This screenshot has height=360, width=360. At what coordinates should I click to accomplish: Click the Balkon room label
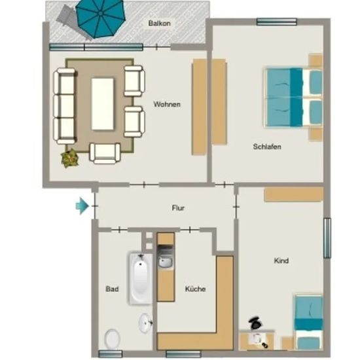click(159, 23)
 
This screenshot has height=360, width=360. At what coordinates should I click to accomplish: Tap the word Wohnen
click(167, 104)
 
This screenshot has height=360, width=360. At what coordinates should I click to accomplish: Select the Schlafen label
click(267, 147)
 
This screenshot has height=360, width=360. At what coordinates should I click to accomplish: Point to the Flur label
click(178, 208)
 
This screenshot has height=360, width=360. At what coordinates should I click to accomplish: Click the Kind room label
click(281, 261)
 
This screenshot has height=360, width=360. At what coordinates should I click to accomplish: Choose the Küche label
click(195, 289)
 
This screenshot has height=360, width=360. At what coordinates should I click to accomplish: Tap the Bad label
click(112, 289)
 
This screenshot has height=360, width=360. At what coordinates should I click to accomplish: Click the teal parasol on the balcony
click(100, 18)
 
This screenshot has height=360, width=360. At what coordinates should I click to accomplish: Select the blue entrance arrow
click(82, 206)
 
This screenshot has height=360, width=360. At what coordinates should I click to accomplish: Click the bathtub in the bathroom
click(140, 278)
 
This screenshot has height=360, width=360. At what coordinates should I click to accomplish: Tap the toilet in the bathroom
click(113, 339)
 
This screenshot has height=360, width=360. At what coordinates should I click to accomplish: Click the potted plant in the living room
click(70, 158)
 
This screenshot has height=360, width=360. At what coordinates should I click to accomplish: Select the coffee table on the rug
click(103, 104)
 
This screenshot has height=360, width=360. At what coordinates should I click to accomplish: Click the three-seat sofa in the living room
click(64, 106)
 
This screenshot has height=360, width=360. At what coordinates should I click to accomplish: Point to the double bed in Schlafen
click(294, 98)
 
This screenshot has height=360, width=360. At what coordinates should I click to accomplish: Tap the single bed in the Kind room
click(309, 322)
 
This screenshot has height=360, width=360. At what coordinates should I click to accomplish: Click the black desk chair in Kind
click(255, 323)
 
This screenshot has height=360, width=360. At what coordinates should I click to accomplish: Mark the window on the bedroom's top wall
click(276, 22)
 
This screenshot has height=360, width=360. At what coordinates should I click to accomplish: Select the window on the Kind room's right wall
click(327, 238)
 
